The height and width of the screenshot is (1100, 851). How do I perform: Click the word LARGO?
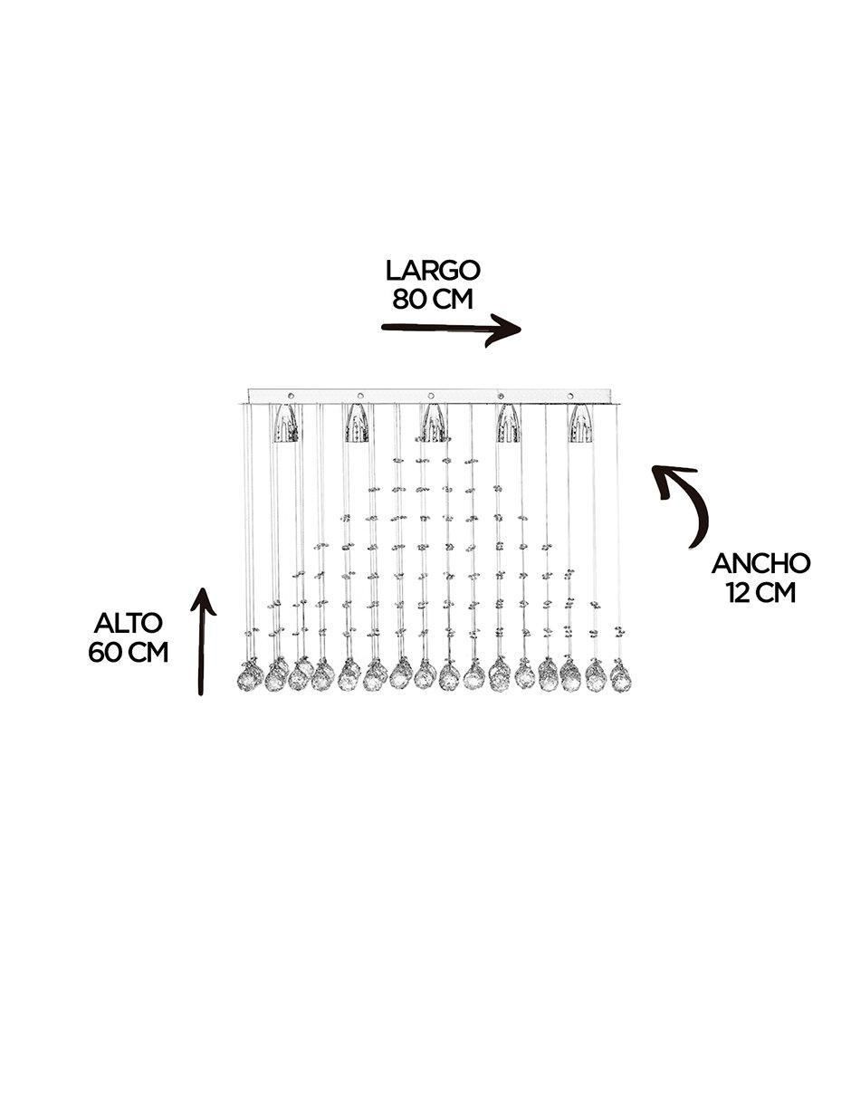pos(432,271)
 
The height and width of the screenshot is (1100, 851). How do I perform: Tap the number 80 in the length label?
pos(409,299)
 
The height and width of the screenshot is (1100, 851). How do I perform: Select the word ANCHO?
pos(761,563)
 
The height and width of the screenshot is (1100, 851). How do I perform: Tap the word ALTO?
pos(129,623)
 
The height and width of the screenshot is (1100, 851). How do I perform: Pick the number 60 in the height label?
pos(105,653)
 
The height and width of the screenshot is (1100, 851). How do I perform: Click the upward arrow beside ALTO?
pos(203,641)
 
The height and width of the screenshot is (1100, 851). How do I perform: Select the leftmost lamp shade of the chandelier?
pos(286,424)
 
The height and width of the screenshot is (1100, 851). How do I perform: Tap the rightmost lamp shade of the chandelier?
pos(582,424)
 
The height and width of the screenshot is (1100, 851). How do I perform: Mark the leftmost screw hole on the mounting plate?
pos(291,396)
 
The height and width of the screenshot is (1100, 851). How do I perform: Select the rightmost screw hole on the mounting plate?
pos(571,396)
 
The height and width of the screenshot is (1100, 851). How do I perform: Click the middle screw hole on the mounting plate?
pos(431,396)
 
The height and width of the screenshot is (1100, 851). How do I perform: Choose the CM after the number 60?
pos(148,653)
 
